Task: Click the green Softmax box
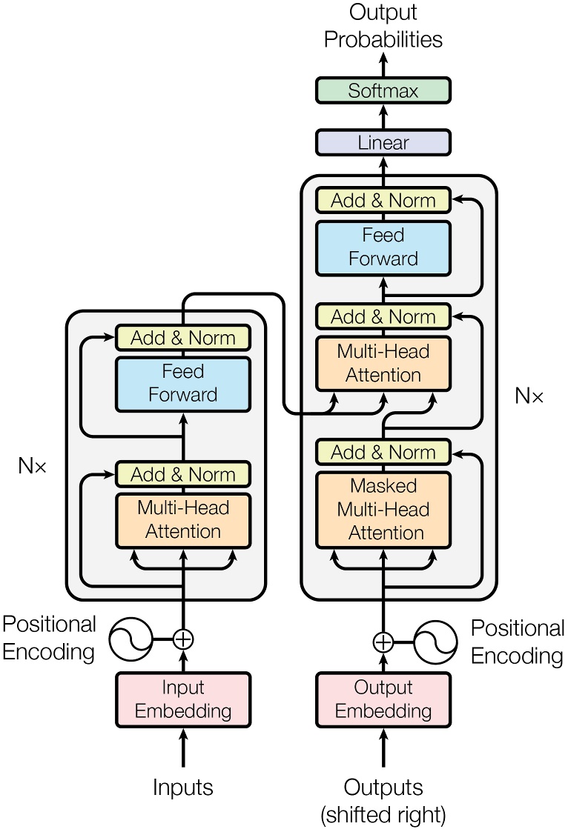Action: tap(383, 90)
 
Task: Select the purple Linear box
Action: tap(383, 142)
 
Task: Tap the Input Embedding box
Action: tap(183, 699)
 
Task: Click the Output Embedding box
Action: tap(383, 699)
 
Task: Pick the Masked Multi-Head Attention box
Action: tap(383, 510)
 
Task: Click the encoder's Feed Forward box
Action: tap(183, 383)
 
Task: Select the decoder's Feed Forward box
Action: tap(383, 247)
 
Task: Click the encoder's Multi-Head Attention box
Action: tap(183, 520)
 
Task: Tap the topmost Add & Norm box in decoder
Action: tap(383, 200)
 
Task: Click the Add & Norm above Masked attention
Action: tap(383, 452)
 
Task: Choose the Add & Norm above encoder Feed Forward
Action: tap(183, 338)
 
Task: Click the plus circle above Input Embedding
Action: tap(183, 639)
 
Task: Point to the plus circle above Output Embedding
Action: tap(383, 642)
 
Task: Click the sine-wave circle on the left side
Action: tap(131, 639)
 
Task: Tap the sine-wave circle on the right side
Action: tap(435, 642)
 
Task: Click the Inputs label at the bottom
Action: tap(183, 787)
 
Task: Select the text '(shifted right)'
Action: tap(383, 815)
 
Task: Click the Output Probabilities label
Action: tap(383, 26)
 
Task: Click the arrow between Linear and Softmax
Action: tap(383, 116)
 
